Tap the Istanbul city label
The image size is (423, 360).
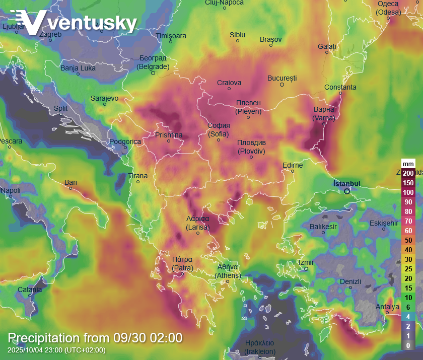(347, 183)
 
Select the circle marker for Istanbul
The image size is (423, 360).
(347, 191)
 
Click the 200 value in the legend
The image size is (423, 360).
(408, 173)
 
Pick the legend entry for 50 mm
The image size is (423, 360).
(408, 240)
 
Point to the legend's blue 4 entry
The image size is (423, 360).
(408, 317)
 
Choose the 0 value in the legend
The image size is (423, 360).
(408, 345)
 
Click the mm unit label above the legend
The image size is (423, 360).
(408, 164)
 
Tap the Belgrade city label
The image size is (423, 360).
(153, 62)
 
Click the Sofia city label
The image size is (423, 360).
(219, 130)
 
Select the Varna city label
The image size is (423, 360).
(324, 114)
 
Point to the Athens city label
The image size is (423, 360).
(228, 271)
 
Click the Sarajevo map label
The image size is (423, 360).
(104, 98)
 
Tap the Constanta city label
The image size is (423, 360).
(340, 87)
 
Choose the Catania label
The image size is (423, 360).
(30, 290)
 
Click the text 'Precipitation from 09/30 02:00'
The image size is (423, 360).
(95, 338)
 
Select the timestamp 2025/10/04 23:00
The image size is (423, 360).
(57, 350)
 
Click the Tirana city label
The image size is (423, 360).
(138, 176)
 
